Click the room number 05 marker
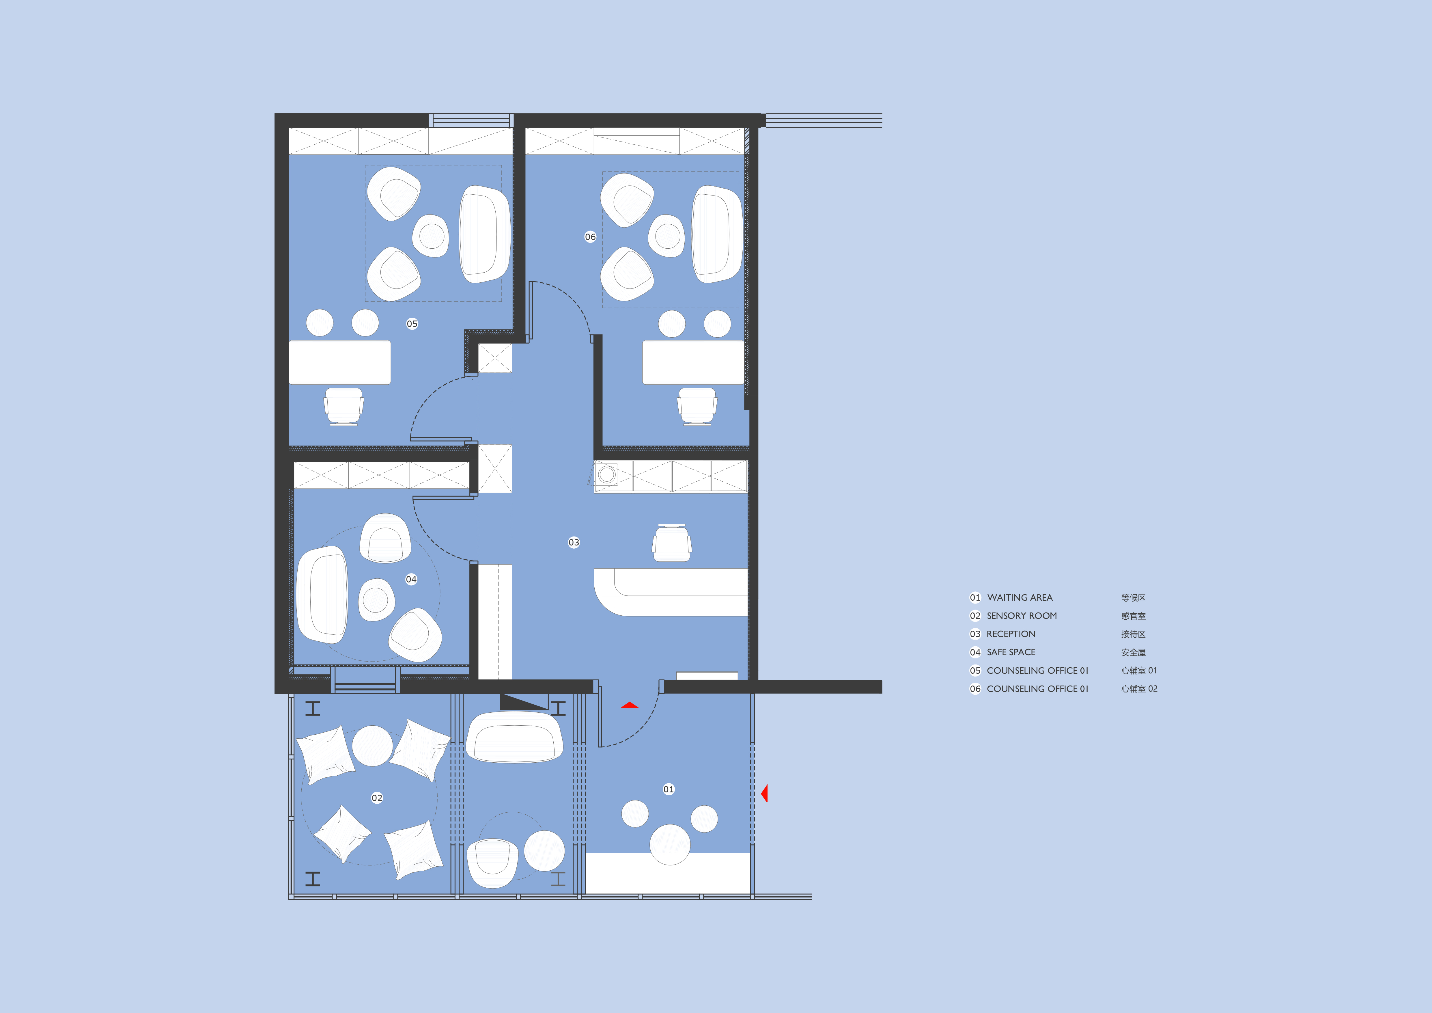pyautogui.click(x=412, y=324)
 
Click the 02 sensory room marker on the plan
pyautogui.click(x=377, y=798)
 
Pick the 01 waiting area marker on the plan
pyautogui.click(x=669, y=789)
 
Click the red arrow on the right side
pyautogui.click(x=765, y=794)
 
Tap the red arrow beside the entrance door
pyautogui.click(x=630, y=705)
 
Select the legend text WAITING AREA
pyautogui.click(x=1020, y=597)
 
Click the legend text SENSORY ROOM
pyautogui.click(x=1022, y=616)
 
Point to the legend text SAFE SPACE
pyautogui.click(x=1011, y=652)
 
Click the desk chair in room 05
pyautogui.click(x=344, y=407)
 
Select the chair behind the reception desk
pyautogui.click(x=672, y=543)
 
